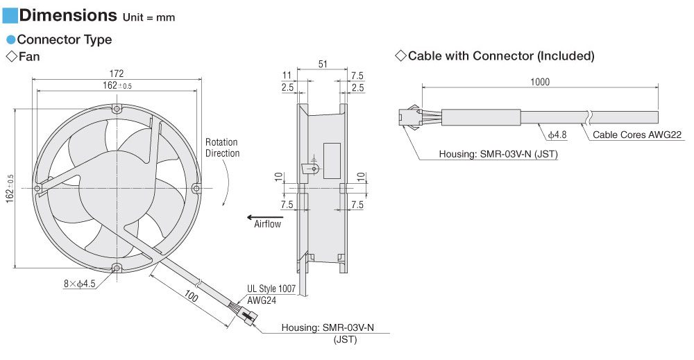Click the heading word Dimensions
(x=68, y=15)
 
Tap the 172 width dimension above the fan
(x=117, y=73)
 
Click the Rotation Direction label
(x=222, y=148)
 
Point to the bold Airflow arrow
(x=260, y=216)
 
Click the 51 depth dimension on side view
(x=323, y=64)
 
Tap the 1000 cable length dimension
(x=539, y=82)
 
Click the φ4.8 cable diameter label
(x=557, y=134)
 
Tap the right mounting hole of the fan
(x=196, y=188)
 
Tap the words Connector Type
(x=64, y=40)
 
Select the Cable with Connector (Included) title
(x=500, y=55)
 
